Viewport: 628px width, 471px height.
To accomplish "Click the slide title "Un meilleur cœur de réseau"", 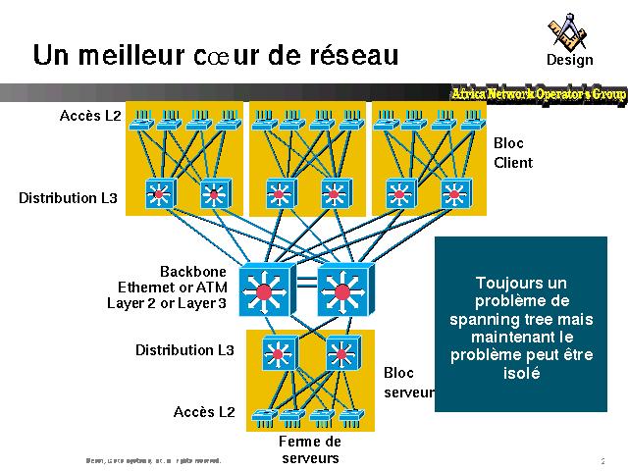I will (215, 55).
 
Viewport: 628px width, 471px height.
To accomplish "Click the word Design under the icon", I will (570, 60).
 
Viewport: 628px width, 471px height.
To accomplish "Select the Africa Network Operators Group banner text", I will (538, 93).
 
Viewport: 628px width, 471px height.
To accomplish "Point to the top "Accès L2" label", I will (90, 116).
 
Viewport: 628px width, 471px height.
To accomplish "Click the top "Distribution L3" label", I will (68, 198).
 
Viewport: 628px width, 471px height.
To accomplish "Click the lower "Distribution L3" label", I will (184, 349).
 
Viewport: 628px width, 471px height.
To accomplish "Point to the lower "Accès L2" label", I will (204, 411).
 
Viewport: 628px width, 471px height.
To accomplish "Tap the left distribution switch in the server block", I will (279, 353).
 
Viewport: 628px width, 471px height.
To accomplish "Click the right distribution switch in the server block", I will (340, 353).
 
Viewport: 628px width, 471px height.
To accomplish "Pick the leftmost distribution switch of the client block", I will (159, 194).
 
